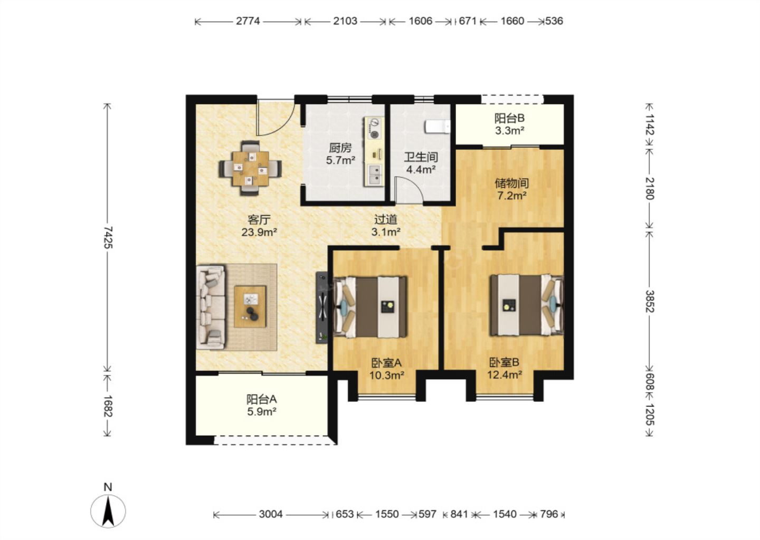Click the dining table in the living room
(x=250, y=168)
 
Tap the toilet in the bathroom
(x=438, y=127)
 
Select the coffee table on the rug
(x=250, y=307)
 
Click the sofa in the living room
(x=211, y=307)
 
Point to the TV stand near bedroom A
(x=321, y=307)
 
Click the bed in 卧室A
(x=370, y=307)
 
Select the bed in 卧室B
(x=526, y=305)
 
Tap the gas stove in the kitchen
(x=374, y=128)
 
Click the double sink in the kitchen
(x=374, y=175)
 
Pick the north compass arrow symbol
(x=108, y=510)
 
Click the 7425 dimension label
(x=108, y=238)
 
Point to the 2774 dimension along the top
(x=248, y=21)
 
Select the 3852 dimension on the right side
(x=649, y=301)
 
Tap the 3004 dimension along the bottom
(x=271, y=514)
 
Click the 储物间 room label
(x=511, y=184)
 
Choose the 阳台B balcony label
(x=509, y=118)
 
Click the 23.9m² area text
(x=259, y=232)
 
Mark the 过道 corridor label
(x=385, y=220)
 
